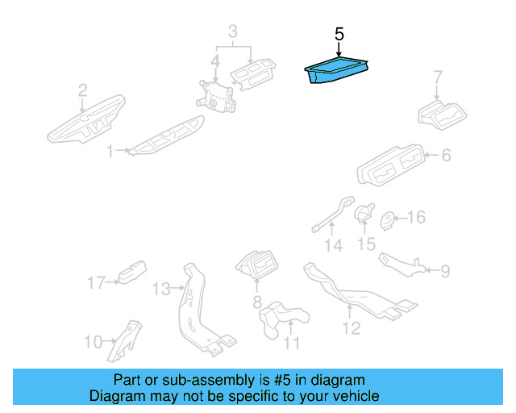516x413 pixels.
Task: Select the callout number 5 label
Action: coord(339,35)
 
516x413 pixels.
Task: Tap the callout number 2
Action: coord(82,90)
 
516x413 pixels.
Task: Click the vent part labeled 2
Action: coord(85,121)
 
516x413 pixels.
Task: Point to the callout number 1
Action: coord(110,149)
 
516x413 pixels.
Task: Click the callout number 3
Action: coord(232,33)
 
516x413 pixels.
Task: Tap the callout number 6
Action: coord(446,155)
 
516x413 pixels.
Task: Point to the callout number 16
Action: coord(415,218)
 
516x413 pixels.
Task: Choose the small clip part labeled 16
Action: coord(387,219)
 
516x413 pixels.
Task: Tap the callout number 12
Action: coord(351,327)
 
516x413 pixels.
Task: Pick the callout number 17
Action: coord(96,282)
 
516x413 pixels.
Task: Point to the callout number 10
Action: coord(93,341)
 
